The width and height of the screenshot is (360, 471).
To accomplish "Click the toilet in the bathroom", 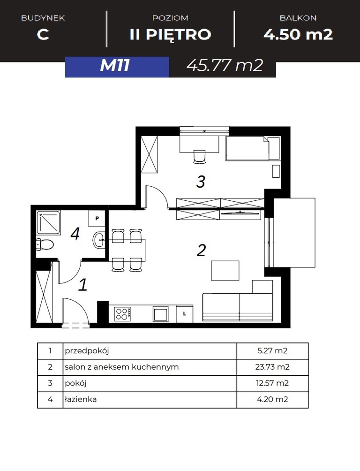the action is click(45, 244).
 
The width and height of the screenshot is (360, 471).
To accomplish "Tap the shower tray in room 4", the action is click(49, 223).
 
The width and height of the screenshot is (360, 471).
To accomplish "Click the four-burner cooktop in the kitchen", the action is click(122, 314).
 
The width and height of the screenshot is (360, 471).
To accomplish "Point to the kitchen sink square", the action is click(161, 314).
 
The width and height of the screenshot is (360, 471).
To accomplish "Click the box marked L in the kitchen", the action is click(184, 313).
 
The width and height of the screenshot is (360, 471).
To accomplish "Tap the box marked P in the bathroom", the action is click(97, 219).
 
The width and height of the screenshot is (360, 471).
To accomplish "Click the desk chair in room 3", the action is click(199, 157).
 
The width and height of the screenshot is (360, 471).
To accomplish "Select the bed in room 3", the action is click(253, 148).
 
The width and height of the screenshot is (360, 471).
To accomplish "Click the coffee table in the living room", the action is click(225, 271).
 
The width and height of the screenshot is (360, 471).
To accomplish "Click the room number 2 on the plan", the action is click(201, 251).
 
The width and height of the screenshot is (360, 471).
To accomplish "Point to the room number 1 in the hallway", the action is click(83, 284).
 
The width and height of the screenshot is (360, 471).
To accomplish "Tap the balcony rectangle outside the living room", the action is click(294, 233).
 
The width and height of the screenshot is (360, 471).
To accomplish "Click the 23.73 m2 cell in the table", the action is click(272, 367).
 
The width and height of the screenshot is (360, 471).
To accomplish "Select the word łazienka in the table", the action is click(81, 399).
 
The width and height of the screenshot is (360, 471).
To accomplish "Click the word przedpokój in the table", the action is click(87, 351).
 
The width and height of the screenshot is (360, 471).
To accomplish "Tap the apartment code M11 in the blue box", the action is click(115, 65).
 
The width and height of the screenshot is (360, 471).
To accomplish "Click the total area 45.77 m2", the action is click(225, 65).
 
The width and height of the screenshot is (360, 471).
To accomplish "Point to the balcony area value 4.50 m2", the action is click(298, 34).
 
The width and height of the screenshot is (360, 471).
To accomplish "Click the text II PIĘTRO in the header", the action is click(170, 34).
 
